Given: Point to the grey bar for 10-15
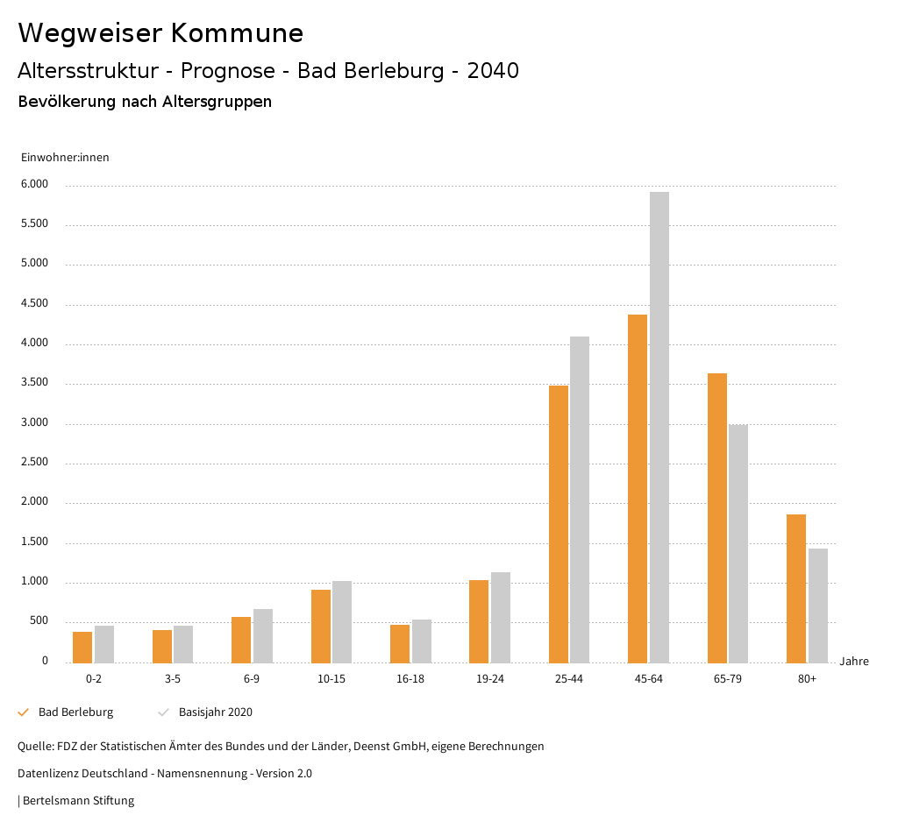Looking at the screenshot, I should pos(342,621).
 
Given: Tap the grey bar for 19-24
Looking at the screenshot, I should pos(501,617).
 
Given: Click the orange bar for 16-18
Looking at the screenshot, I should pos(400,643).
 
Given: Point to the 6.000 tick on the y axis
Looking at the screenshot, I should pos(35,185).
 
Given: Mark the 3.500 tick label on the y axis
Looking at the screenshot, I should pos(35,383).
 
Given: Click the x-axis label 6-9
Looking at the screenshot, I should pos(252,679).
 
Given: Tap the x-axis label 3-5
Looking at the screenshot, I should pos(173,679).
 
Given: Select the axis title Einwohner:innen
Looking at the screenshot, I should pos(65,158).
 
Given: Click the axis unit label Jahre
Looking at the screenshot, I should pos(854,662).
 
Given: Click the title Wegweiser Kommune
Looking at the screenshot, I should pos(160,33).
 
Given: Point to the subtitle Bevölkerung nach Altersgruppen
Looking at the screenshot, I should pos(145,102).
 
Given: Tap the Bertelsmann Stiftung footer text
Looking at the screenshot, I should pos(76,801).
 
